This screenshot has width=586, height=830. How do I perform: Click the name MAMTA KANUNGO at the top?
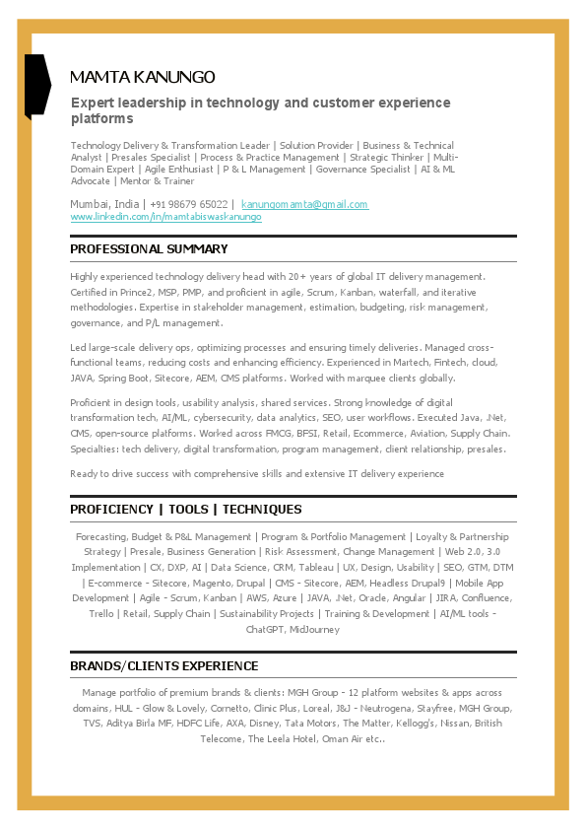tap(143, 77)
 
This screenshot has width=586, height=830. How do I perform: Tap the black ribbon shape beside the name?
tap(36, 85)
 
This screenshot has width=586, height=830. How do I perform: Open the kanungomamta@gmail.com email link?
tap(304, 204)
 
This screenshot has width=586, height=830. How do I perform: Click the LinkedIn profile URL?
tap(165, 217)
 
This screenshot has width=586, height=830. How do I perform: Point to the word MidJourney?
tap(315, 629)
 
